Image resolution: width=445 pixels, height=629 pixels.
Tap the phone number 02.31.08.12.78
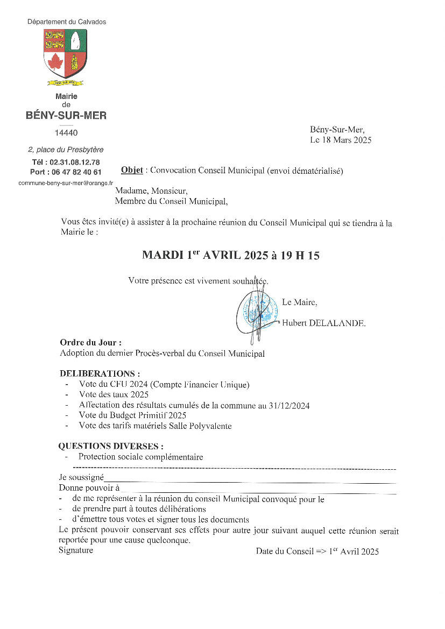74,162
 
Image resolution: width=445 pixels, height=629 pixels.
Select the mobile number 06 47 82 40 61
75,172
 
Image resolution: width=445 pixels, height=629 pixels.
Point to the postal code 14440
66,133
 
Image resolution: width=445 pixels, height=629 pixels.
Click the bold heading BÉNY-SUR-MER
66,115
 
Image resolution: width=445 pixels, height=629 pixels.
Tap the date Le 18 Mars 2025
341,140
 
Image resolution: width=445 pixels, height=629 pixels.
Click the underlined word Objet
132,171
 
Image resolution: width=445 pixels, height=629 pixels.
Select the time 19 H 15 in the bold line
299,256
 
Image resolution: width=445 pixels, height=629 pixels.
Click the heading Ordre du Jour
90,342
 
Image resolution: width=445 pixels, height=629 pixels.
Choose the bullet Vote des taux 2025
113,395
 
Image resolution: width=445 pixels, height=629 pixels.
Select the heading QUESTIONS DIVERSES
111,447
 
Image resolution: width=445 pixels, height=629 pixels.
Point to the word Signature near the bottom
76,550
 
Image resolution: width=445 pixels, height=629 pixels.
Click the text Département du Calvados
67,22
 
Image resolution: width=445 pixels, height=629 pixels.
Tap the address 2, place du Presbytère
66,150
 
